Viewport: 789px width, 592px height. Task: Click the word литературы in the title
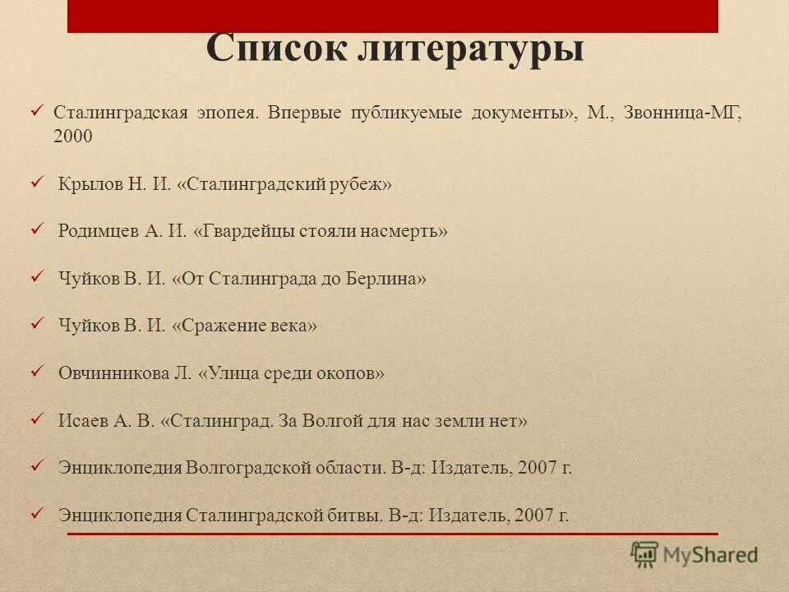(470, 49)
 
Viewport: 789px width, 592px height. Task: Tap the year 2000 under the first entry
(73, 137)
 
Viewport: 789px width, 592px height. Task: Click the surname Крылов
(90, 184)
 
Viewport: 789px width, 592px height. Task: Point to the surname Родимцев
(99, 231)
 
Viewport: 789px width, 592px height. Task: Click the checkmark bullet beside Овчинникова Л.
(37, 371)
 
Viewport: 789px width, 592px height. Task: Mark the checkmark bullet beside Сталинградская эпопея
(37, 109)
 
